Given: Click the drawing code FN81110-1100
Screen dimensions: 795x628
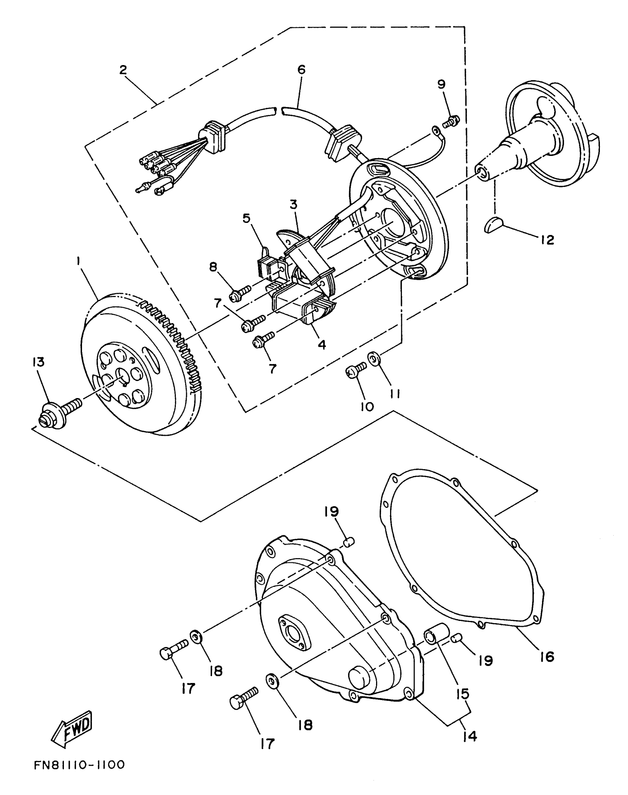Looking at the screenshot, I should (x=80, y=765).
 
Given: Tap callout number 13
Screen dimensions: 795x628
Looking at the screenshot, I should (x=38, y=362).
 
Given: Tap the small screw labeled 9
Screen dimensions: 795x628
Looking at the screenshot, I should (x=451, y=122).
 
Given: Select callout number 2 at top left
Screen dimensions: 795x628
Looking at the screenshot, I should (x=123, y=70).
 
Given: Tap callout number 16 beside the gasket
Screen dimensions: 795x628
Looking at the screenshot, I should (x=547, y=657).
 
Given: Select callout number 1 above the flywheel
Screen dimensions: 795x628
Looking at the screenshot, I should (x=78, y=261).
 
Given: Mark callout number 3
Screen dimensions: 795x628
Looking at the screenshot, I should (x=294, y=204).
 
